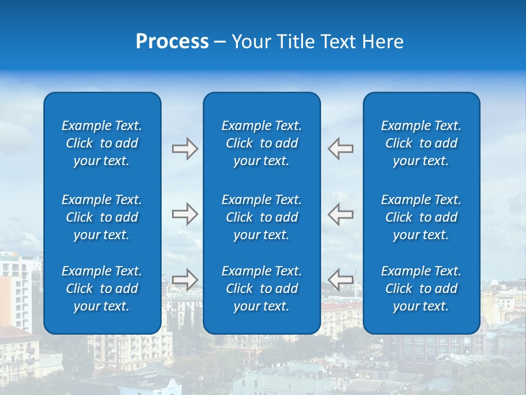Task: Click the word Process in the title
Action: tap(172, 42)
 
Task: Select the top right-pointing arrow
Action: tap(185, 149)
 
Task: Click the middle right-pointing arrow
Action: tap(185, 214)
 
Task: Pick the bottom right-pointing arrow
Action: tap(185, 279)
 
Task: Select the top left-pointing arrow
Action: tap(341, 149)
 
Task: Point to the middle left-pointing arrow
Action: tap(341, 214)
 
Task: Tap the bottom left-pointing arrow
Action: tap(341, 279)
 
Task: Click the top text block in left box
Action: tap(102, 143)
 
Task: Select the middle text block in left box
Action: tap(102, 217)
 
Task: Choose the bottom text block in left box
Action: tap(102, 289)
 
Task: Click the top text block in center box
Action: tap(261, 143)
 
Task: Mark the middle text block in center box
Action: tap(261, 217)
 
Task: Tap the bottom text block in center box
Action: tap(261, 289)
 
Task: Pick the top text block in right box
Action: tap(421, 143)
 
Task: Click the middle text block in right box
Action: tap(421, 217)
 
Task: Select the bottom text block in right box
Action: tap(421, 289)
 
